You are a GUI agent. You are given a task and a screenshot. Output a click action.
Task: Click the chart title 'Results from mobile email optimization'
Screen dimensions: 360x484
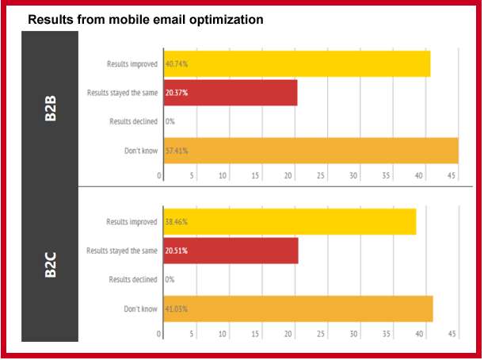click(145, 20)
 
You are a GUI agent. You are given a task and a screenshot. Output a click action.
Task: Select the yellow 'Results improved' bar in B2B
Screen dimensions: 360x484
click(296, 63)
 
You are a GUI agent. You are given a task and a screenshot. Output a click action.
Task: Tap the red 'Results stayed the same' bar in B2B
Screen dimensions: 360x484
click(230, 93)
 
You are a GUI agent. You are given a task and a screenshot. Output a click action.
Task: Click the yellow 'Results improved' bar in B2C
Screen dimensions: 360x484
click(289, 222)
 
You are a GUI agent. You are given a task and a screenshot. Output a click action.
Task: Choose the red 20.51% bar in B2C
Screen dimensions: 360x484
click(231, 251)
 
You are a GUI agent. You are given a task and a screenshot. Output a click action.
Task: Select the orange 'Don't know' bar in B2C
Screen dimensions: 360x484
click(298, 308)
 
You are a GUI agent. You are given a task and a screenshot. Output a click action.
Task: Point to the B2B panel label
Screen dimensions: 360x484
click(49, 108)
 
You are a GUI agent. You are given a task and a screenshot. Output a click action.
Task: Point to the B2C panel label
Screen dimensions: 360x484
click(49, 265)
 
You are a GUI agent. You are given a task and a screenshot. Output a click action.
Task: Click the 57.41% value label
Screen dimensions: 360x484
click(177, 151)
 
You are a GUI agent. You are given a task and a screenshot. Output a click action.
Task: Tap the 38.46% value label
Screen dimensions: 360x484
click(177, 222)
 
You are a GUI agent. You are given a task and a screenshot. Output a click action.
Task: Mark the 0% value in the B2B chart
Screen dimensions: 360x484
click(170, 121)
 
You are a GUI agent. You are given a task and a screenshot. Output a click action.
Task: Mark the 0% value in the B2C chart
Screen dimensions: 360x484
click(170, 280)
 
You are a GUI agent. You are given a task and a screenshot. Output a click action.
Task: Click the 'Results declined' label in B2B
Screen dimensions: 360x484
click(133, 121)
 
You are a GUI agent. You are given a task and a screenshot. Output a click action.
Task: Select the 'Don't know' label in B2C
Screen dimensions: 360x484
click(140, 308)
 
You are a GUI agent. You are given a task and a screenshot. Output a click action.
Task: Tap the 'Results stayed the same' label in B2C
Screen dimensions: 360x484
click(123, 251)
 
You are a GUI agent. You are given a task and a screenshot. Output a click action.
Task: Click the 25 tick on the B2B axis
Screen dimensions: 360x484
click(321, 176)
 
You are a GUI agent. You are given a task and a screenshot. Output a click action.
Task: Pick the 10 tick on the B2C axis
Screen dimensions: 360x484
click(223, 334)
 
